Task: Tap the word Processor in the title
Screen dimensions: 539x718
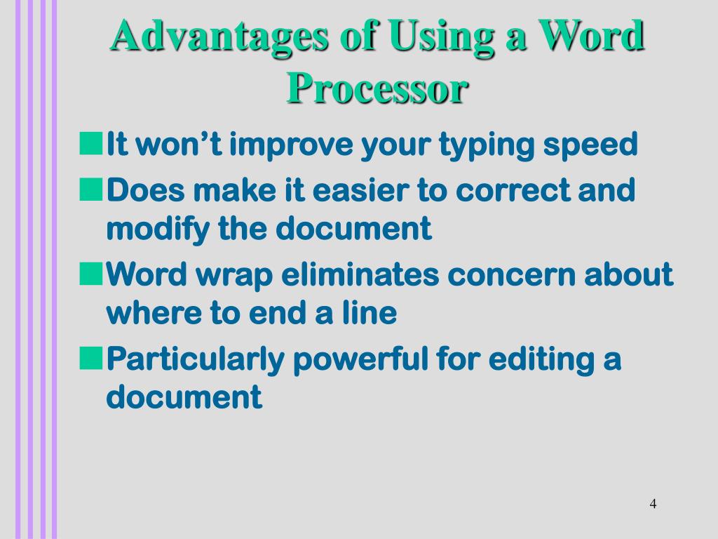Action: tap(377, 88)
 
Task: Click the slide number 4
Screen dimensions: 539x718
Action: tap(653, 504)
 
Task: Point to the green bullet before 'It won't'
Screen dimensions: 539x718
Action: tap(89, 143)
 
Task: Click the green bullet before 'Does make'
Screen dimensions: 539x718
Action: tap(89, 188)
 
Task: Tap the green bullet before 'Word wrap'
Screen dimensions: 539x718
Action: tap(89, 272)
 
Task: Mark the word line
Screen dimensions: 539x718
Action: tap(370, 313)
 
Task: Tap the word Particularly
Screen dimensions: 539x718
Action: tap(195, 360)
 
